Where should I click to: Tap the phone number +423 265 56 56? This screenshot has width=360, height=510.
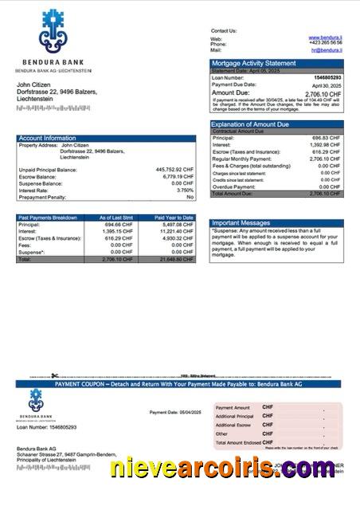(x=326, y=44)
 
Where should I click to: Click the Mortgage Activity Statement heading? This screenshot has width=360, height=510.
(x=253, y=63)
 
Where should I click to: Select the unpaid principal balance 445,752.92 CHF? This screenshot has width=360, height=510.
(x=174, y=170)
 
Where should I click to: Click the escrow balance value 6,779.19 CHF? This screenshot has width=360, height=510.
(x=176, y=177)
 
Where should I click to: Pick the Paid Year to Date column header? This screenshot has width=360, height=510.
(x=174, y=217)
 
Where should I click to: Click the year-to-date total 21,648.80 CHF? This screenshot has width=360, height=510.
(x=176, y=260)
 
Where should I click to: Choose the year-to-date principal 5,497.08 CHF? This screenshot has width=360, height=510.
(x=178, y=224)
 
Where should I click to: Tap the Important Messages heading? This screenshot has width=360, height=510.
(x=242, y=222)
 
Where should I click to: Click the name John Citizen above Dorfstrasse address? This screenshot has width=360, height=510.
(x=35, y=85)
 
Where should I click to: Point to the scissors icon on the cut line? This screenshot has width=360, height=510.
(x=54, y=375)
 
